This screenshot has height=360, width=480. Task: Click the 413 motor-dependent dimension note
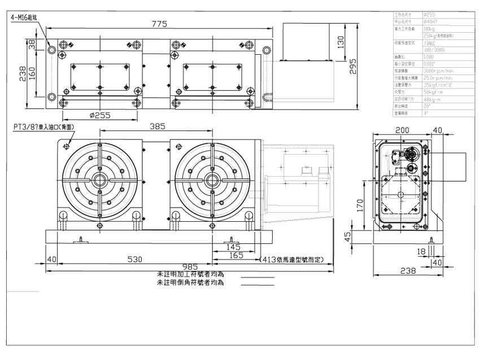click(x=289, y=260)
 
